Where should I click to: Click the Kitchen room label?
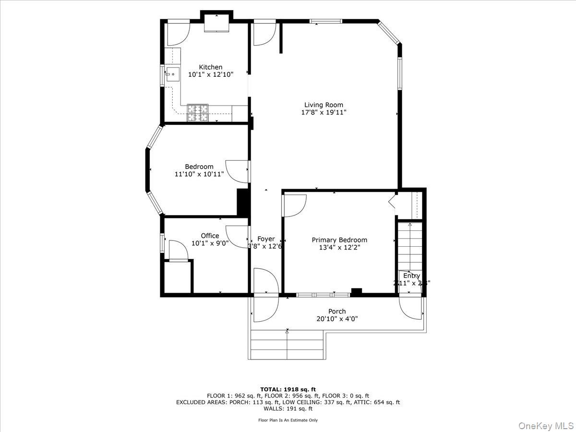(x=211, y=67)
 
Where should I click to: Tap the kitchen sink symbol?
(x=172, y=74)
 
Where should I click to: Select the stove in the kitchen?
(x=198, y=113)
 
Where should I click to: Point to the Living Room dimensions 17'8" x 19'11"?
(x=324, y=112)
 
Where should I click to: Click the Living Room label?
(x=324, y=105)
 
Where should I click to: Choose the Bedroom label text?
(x=199, y=167)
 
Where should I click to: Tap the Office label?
(x=210, y=236)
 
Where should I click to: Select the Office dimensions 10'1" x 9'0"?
(x=210, y=243)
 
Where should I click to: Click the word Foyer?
(x=266, y=239)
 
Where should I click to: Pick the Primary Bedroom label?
(x=339, y=240)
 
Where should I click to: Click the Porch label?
(x=337, y=311)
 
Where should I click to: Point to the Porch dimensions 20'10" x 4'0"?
(x=337, y=319)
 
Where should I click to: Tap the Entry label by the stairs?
(x=411, y=276)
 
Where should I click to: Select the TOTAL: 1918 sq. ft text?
(x=288, y=389)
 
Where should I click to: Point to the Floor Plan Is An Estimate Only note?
(x=288, y=420)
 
